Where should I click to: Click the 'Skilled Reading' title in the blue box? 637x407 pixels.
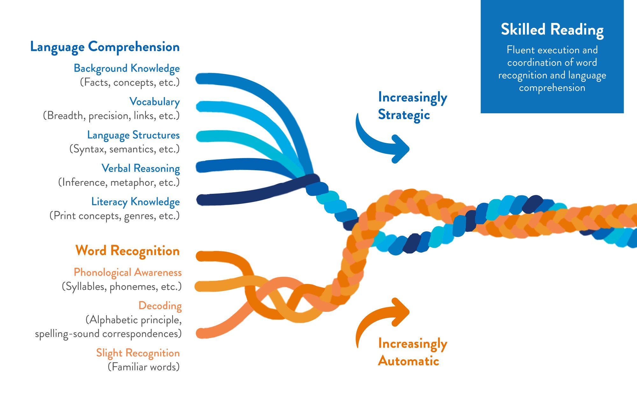click(x=552, y=30)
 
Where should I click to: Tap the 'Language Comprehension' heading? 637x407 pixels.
click(x=105, y=47)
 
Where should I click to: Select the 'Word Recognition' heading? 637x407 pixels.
click(x=127, y=251)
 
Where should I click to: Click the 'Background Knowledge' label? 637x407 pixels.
click(x=127, y=68)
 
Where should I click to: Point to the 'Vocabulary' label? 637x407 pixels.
click(x=154, y=102)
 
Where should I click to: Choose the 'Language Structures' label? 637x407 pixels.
click(x=133, y=135)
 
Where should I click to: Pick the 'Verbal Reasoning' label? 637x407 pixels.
click(x=140, y=168)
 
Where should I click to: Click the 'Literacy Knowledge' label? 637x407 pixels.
click(x=135, y=202)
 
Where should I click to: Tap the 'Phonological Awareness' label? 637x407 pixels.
click(x=128, y=272)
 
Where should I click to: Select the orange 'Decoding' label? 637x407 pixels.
click(x=160, y=306)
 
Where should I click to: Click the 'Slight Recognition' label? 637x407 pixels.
click(x=138, y=353)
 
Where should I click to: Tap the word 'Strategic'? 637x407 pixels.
click(x=404, y=115)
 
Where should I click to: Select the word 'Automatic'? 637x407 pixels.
click(x=409, y=361)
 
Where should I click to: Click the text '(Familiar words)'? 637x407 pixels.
click(x=144, y=367)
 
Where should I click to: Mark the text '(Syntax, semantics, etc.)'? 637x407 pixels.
click(x=125, y=149)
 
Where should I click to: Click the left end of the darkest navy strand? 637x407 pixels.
click(x=202, y=200)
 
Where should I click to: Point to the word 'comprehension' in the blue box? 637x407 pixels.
click(x=552, y=88)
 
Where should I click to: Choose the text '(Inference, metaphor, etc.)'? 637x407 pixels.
click(x=119, y=182)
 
